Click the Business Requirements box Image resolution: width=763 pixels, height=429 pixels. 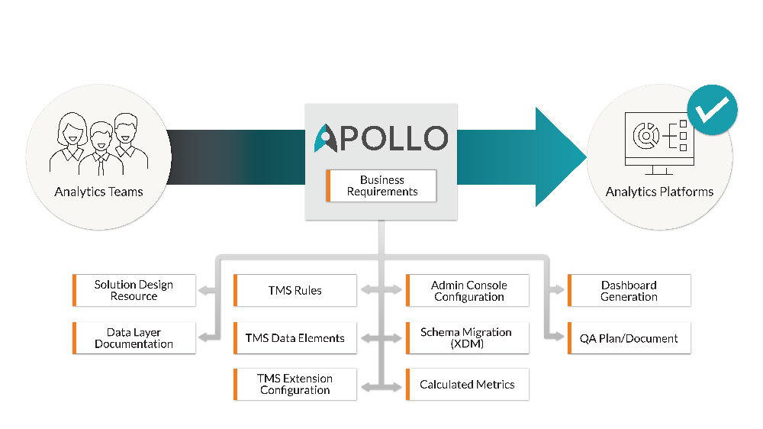[381, 185]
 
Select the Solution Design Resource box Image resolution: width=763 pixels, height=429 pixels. [134, 290]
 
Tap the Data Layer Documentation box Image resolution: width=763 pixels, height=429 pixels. [134, 337]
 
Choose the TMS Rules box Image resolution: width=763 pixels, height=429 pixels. [295, 290]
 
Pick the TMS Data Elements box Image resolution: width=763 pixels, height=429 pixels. [295, 337]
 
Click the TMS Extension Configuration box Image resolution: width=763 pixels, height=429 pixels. [295, 384]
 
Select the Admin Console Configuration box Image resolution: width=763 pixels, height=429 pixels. [468, 290]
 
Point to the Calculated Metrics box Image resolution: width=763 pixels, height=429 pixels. [467, 384]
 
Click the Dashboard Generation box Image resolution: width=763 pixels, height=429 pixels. [629, 290]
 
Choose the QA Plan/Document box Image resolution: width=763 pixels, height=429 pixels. [629, 337]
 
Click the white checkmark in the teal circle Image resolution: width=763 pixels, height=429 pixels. [712, 110]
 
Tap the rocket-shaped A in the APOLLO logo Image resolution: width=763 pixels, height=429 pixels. [326, 137]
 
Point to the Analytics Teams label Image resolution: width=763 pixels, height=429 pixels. [98, 192]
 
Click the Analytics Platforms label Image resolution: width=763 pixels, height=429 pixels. [659, 192]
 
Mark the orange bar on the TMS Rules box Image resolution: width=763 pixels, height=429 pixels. [235, 290]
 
